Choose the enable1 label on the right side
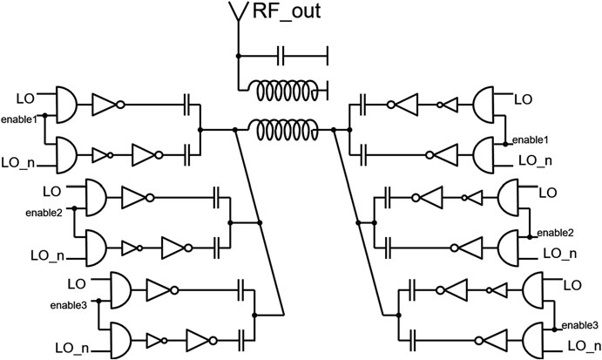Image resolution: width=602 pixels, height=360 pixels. (531, 139)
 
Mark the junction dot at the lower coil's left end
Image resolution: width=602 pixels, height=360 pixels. (236, 129)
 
